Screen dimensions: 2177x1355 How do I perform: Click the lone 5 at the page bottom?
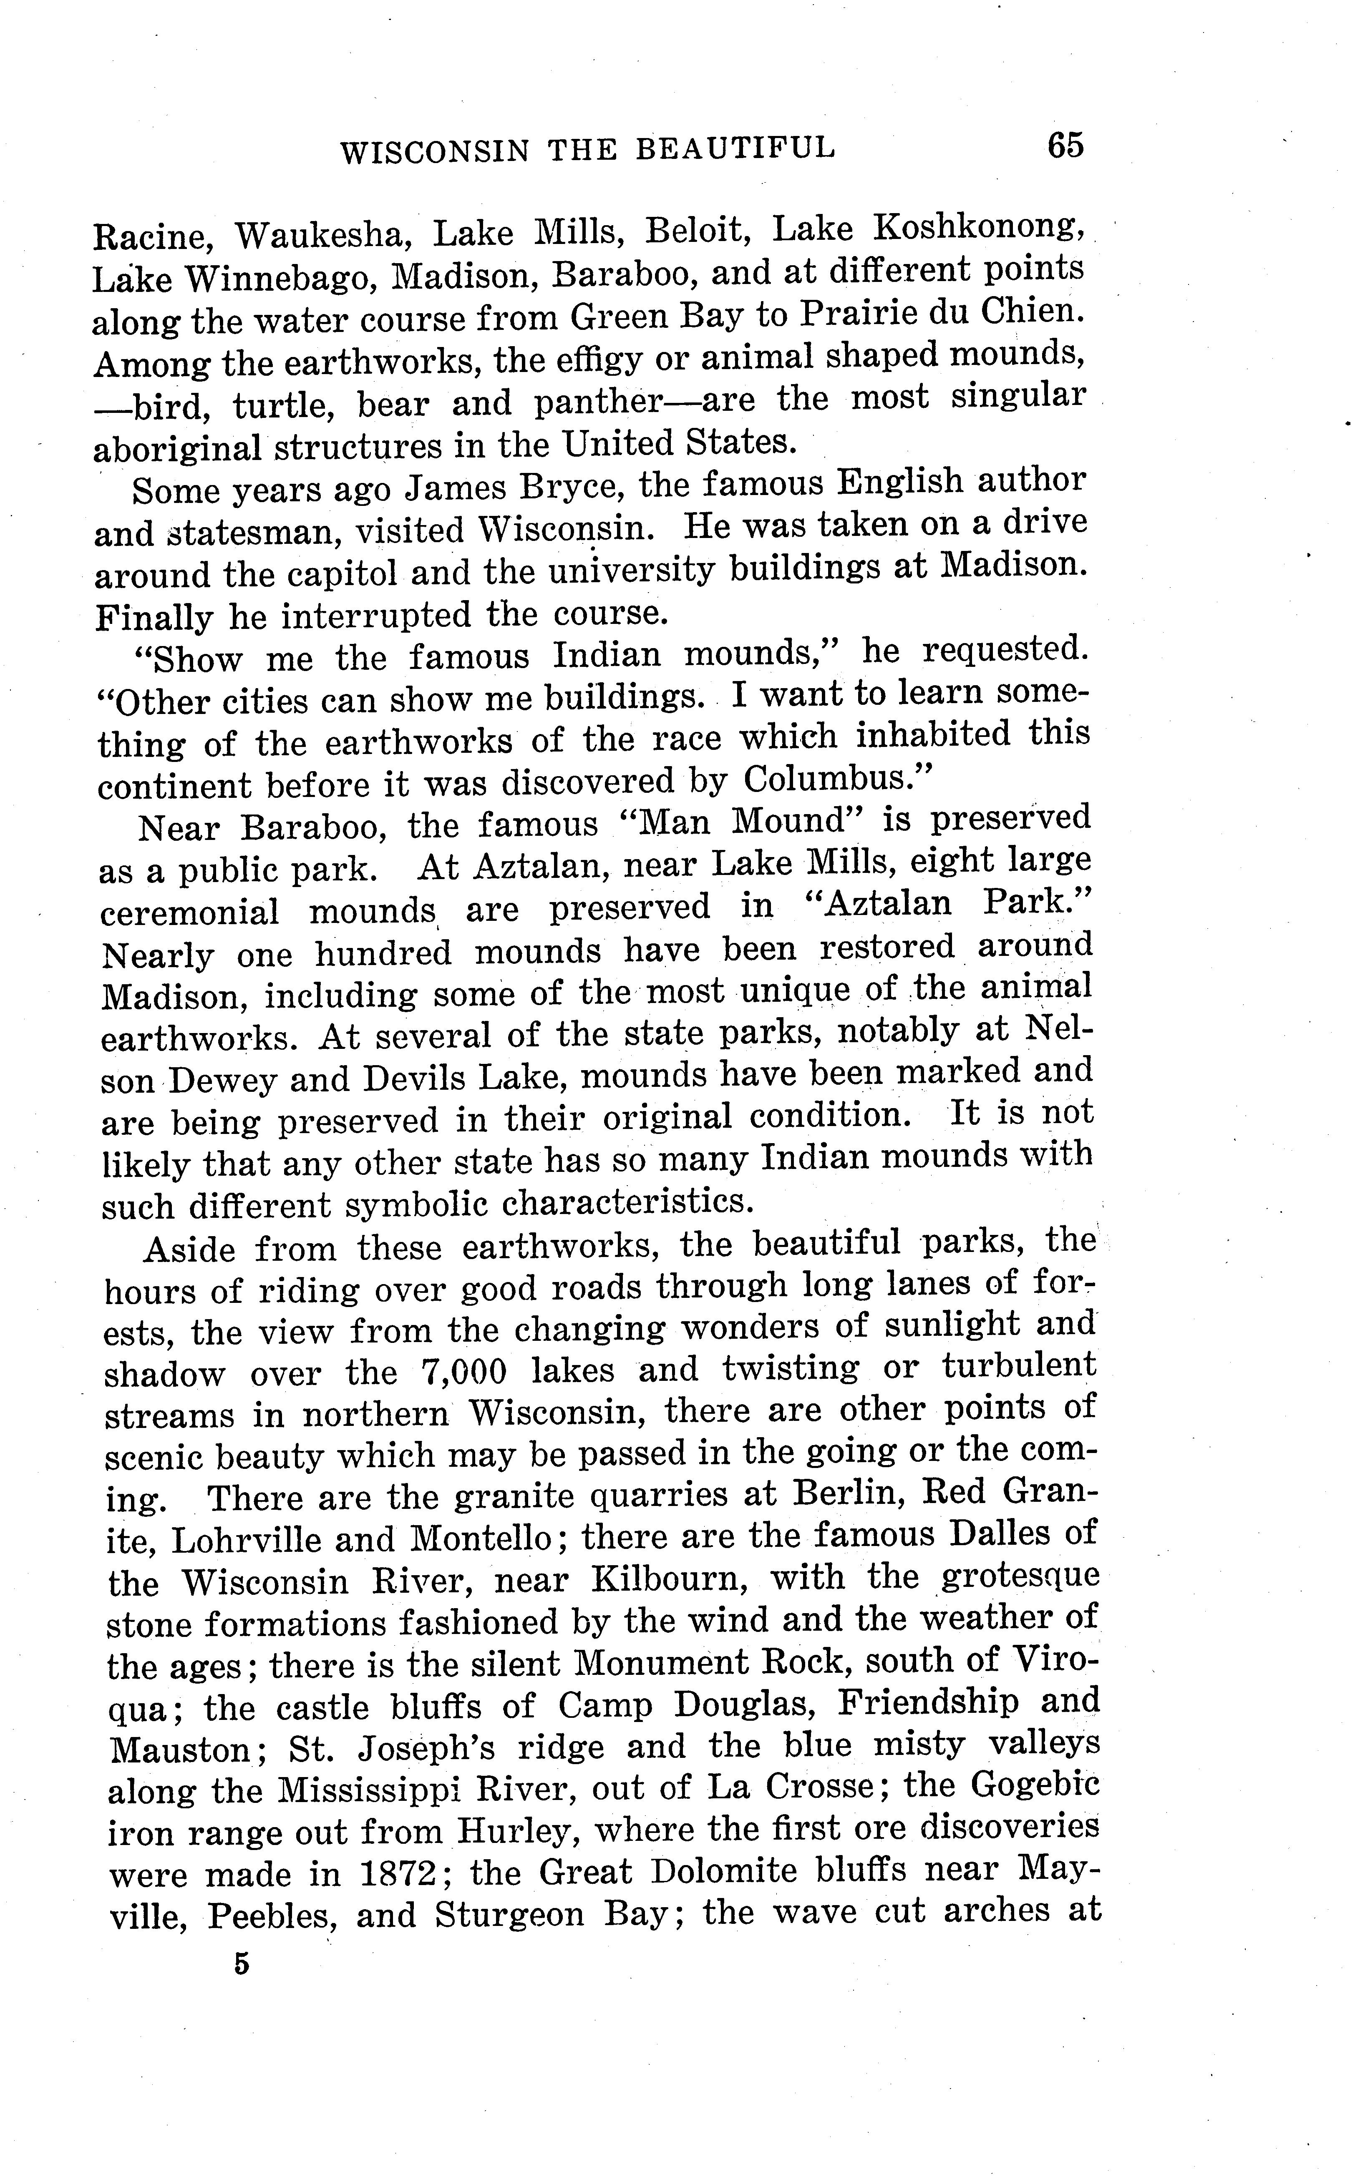coord(240,1965)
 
